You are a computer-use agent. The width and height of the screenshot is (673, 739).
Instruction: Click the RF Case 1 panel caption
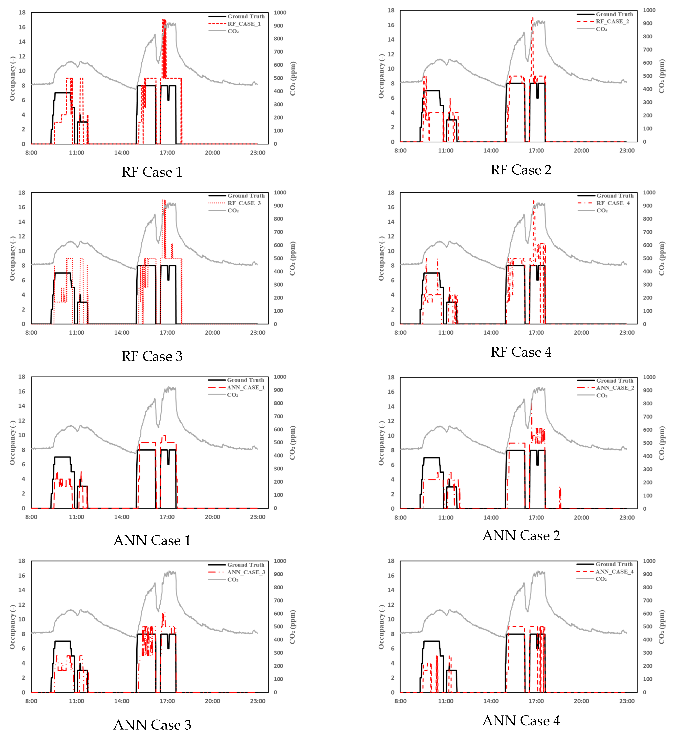(152, 172)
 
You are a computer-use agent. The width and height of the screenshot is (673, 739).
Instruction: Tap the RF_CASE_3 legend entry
(244, 203)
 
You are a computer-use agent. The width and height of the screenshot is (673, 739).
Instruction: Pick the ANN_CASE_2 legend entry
(615, 388)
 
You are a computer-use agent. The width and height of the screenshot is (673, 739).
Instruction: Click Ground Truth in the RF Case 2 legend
(614, 14)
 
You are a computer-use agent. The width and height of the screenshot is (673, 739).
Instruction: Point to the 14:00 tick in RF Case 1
(122, 153)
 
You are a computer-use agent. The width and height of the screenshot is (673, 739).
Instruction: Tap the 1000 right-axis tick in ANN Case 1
(280, 377)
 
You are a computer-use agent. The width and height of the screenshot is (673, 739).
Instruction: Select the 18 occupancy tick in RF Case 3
(22, 193)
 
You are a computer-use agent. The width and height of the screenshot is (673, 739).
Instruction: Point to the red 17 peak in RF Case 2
(532, 18)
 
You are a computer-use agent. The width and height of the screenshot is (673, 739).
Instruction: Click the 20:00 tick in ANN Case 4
(581, 701)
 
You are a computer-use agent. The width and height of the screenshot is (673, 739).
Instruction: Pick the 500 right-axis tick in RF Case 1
(278, 78)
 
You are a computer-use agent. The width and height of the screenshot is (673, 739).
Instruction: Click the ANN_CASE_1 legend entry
(246, 387)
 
